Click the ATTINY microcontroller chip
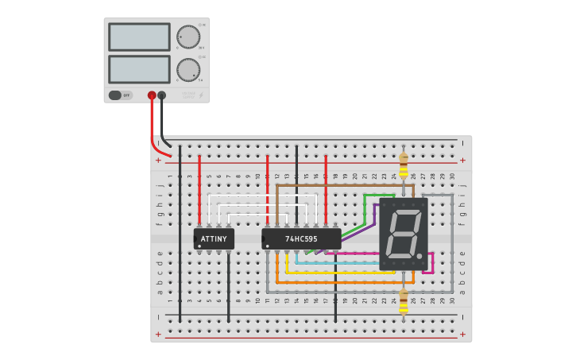214,238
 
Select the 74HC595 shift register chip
301,238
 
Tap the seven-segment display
404,234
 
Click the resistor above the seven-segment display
404,168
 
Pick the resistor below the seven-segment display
404,301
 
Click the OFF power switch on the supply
120,95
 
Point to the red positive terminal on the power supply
152,95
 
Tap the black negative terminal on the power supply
162,95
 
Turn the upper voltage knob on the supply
188,37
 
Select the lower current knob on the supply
188,70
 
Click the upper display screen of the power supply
139,37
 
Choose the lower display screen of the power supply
139,68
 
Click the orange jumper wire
342,282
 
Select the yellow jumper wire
342,273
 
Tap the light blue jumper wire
342,263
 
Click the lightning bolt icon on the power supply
200,95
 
